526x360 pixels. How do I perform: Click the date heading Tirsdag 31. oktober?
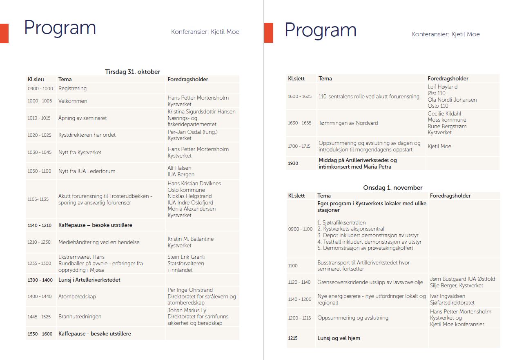pyautogui.click(x=132, y=72)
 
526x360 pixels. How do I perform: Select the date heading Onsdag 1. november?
pyautogui.click(x=392, y=188)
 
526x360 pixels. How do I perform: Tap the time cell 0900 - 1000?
pyautogui.click(x=40, y=89)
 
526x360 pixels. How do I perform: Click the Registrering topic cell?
pyautogui.click(x=72, y=88)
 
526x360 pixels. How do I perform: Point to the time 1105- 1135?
pyautogui.click(x=38, y=199)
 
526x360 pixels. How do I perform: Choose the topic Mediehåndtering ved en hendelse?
pyautogui.click(x=99, y=242)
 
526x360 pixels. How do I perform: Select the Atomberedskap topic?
pyautogui.click(x=77, y=296)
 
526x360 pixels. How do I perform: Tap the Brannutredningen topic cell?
pyautogui.click(x=80, y=316)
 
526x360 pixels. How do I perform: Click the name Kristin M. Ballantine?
pyautogui.click(x=190, y=239)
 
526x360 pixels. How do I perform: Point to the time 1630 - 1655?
pyautogui.click(x=299, y=123)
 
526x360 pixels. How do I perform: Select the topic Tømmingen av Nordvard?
pyautogui.click(x=348, y=123)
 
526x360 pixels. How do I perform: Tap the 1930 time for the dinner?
pyautogui.click(x=293, y=163)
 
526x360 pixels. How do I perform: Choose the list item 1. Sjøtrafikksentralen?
pyautogui.click(x=341, y=222)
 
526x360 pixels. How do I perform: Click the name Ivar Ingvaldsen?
pyautogui.click(x=448, y=296)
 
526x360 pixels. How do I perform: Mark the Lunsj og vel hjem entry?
pyautogui.click(x=339, y=338)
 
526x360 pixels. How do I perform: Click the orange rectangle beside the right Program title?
pyautogui.click(x=269, y=33)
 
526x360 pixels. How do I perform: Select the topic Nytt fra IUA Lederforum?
pyautogui.click(x=87, y=171)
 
